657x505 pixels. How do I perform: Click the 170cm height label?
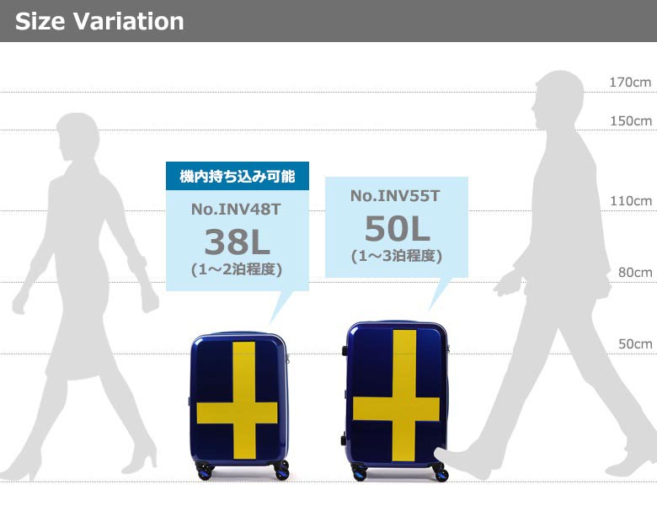pos(630,82)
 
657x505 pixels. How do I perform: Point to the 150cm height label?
pos(631,121)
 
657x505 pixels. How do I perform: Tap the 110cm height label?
pos(631,201)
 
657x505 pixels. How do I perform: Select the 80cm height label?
pos(635,273)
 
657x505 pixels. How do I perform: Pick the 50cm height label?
pos(635,344)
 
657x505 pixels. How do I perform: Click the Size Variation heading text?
pos(99,21)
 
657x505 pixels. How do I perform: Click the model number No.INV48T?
pos(236,210)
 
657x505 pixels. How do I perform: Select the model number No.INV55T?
pos(395,196)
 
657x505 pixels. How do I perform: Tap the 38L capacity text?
pos(238,242)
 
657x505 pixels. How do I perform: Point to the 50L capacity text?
pos(398,229)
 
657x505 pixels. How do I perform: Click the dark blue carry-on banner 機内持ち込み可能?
pos(238,176)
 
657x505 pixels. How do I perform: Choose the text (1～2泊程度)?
pos(237,269)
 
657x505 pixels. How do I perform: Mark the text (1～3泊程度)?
pos(397,256)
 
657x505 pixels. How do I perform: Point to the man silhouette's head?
pos(558,99)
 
